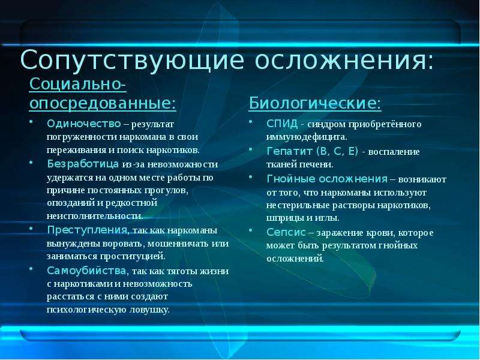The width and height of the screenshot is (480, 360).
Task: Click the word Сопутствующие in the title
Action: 132,61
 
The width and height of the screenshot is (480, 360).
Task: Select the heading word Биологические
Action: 312,103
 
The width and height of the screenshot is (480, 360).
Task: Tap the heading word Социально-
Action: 78,84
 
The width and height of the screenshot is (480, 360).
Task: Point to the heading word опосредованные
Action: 100,103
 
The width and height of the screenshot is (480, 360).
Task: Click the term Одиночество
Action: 84,124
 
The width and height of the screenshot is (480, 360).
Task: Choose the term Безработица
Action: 83,164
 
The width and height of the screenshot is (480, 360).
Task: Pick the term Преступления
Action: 87,230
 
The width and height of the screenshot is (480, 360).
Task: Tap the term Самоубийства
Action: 86,271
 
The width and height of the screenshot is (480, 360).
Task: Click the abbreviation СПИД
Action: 282,124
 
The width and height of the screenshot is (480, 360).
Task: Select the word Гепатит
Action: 290,151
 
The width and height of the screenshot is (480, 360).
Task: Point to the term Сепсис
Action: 286,232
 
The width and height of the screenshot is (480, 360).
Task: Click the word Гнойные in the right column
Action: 290,178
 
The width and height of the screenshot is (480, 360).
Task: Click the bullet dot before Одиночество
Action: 31,121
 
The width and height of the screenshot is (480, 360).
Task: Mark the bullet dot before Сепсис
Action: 250,230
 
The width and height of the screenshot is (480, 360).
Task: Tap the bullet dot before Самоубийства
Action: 31,268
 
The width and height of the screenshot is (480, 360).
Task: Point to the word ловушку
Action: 149,310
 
